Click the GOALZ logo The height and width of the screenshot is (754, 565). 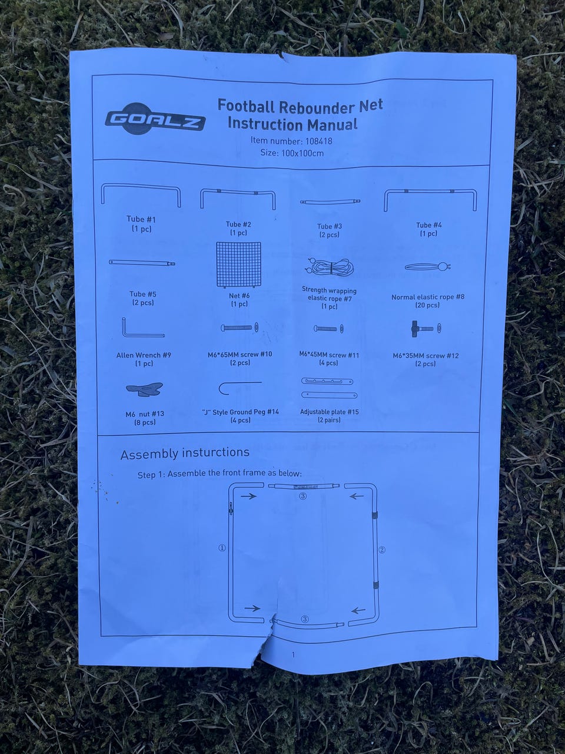pyautogui.click(x=155, y=121)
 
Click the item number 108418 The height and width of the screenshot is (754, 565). pyautogui.click(x=321, y=141)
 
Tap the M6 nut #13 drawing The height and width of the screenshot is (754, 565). pyautogui.click(x=144, y=389)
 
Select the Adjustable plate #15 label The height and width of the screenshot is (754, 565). pyautogui.click(x=329, y=412)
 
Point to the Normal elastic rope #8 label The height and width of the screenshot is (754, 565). pyautogui.click(x=428, y=297)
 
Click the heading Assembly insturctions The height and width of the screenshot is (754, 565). pyautogui.click(x=185, y=453)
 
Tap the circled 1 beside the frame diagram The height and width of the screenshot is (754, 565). pyautogui.click(x=222, y=547)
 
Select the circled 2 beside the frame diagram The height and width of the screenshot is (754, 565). pyautogui.click(x=381, y=550)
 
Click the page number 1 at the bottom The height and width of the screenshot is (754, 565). pyautogui.click(x=293, y=654)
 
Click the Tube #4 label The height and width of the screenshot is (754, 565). pyautogui.click(x=428, y=225)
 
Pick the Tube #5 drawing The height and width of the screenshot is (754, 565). pyautogui.click(x=141, y=262)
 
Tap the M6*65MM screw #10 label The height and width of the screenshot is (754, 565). pyautogui.click(x=240, y=355)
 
